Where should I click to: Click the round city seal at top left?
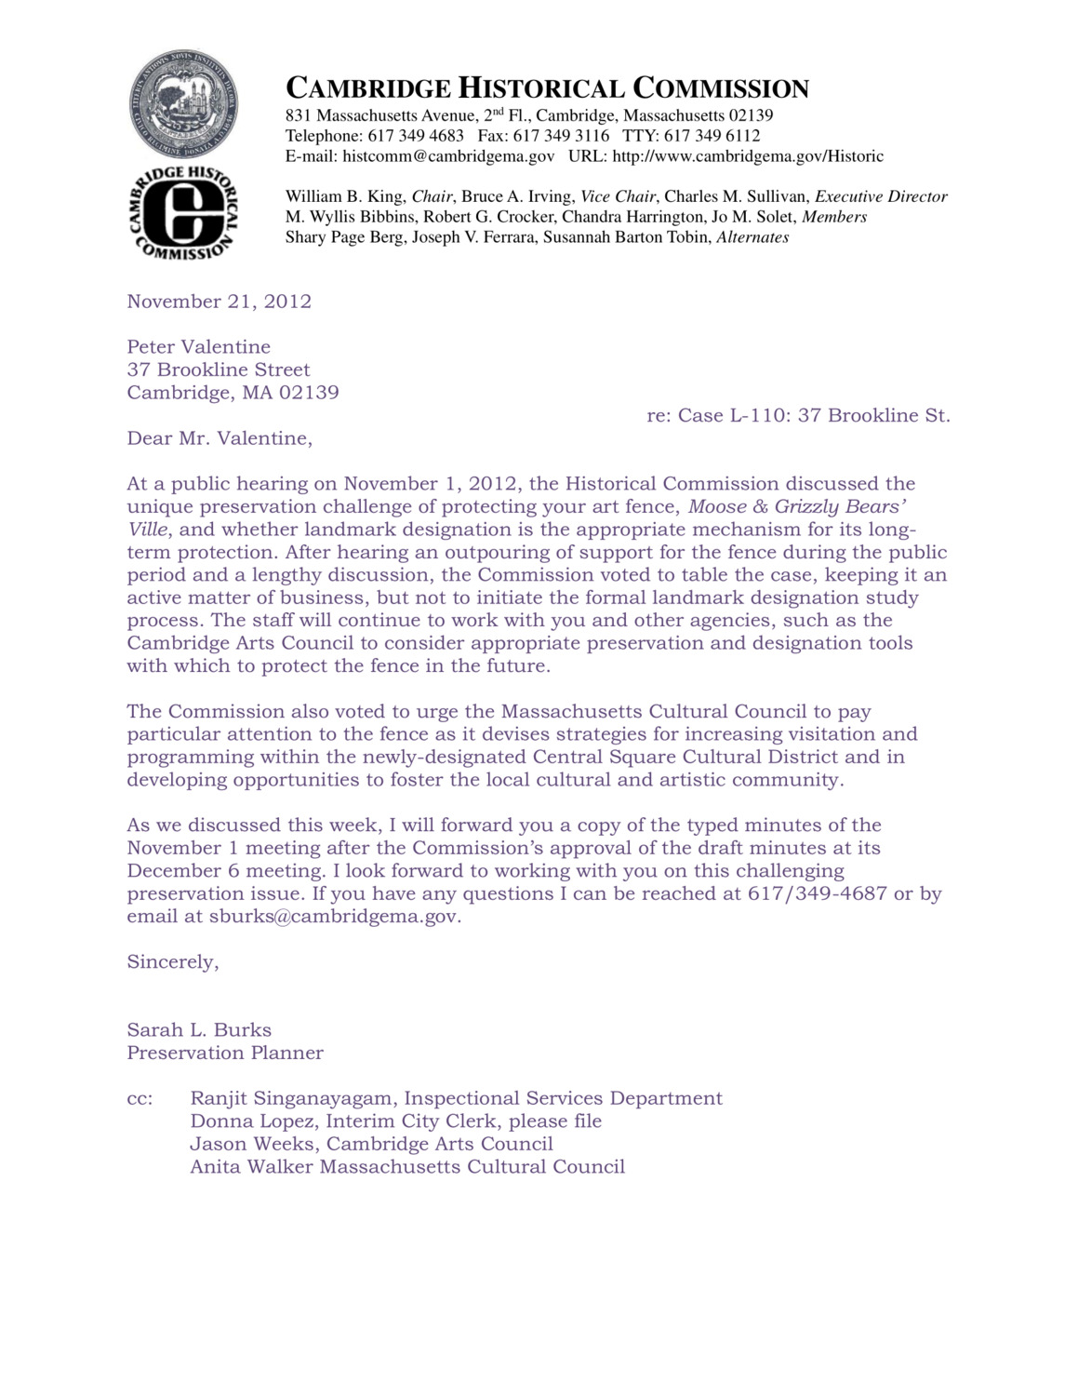[x=183, y=103]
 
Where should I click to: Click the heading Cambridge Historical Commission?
[x=547, y=88]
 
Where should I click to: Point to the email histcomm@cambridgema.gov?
[x=448, y=156]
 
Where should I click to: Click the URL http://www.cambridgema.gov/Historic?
[x=748, y=156]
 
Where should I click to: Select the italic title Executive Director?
[x=881, y=196]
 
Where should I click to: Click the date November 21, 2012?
[x=220, y=302]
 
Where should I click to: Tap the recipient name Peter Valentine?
[x=199, y=347]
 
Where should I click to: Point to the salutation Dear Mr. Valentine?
[x=220, y=438]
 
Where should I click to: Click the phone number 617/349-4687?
[x=818, y=894]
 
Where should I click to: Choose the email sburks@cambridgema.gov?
[x=334, y=917]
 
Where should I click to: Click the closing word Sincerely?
[x=172, y=962]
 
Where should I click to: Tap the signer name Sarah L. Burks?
[x=199, y=1030]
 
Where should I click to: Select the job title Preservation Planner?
[x=225, y=1054]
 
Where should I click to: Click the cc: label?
[x=140, y=1099]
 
